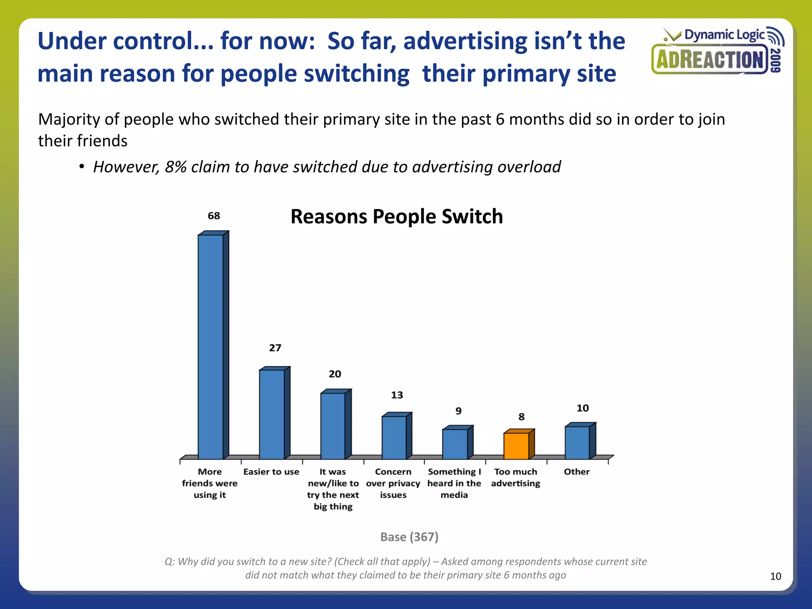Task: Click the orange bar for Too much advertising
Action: [x=516, y=446]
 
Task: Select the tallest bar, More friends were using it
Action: [x=211, y=347]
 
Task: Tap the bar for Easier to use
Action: [x=272, y=414]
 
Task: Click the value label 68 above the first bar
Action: [x=214, y=216]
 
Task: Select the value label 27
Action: [x=275, y=348]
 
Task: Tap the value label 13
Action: [x=397, y=395]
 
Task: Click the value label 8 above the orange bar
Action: [x=521, y=417]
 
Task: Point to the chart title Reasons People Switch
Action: [x=396, y=217]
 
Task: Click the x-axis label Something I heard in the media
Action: [x=454, y=483]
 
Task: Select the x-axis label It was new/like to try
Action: [x=333, y=489]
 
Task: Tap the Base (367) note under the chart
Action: [x=409, y=537]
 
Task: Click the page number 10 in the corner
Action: [x=776, y=576]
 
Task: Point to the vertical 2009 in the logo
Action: [x=776, y=60]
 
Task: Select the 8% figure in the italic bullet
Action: [x=175, y=167]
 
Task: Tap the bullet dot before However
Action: [x=81, y=167]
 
